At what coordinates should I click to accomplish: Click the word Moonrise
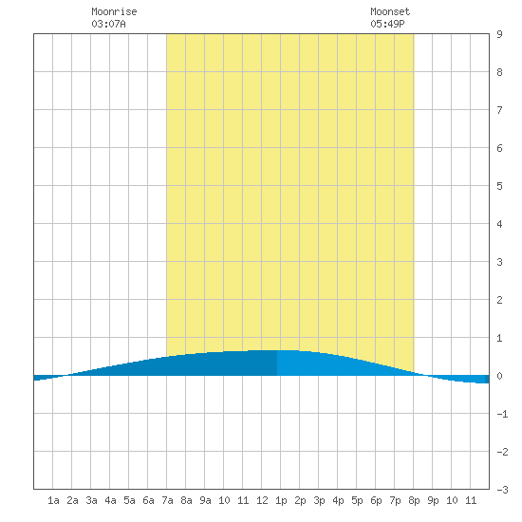pos(114,11)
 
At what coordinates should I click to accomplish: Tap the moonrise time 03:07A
pos(108,24)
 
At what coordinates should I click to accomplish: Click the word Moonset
pos(390,11)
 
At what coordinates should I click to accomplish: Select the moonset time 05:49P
pos(387,24)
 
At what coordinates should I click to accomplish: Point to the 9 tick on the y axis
pos(499,34)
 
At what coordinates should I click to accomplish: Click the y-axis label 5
pos(499,186)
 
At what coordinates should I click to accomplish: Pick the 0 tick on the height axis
pos(499,376)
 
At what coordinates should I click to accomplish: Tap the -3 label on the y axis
pos(503,490)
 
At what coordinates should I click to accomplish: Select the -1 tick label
pos(503,414)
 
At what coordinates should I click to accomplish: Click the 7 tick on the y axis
pos(499,110)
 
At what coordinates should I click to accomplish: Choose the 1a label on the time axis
pos(53,500)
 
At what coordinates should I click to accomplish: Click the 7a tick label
pos(167,500)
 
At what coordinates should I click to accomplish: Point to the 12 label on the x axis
pos(262,500)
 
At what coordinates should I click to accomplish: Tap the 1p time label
pos(281,500)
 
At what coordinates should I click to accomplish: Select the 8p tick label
pos(414,500)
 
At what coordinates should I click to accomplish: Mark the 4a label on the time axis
pos(110,500)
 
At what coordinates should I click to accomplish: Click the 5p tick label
pos(357,500)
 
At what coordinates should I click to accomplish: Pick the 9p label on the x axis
pos(433,500)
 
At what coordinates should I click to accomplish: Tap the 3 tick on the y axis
pos(499,262)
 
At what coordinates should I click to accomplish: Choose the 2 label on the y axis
pos(499,300)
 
